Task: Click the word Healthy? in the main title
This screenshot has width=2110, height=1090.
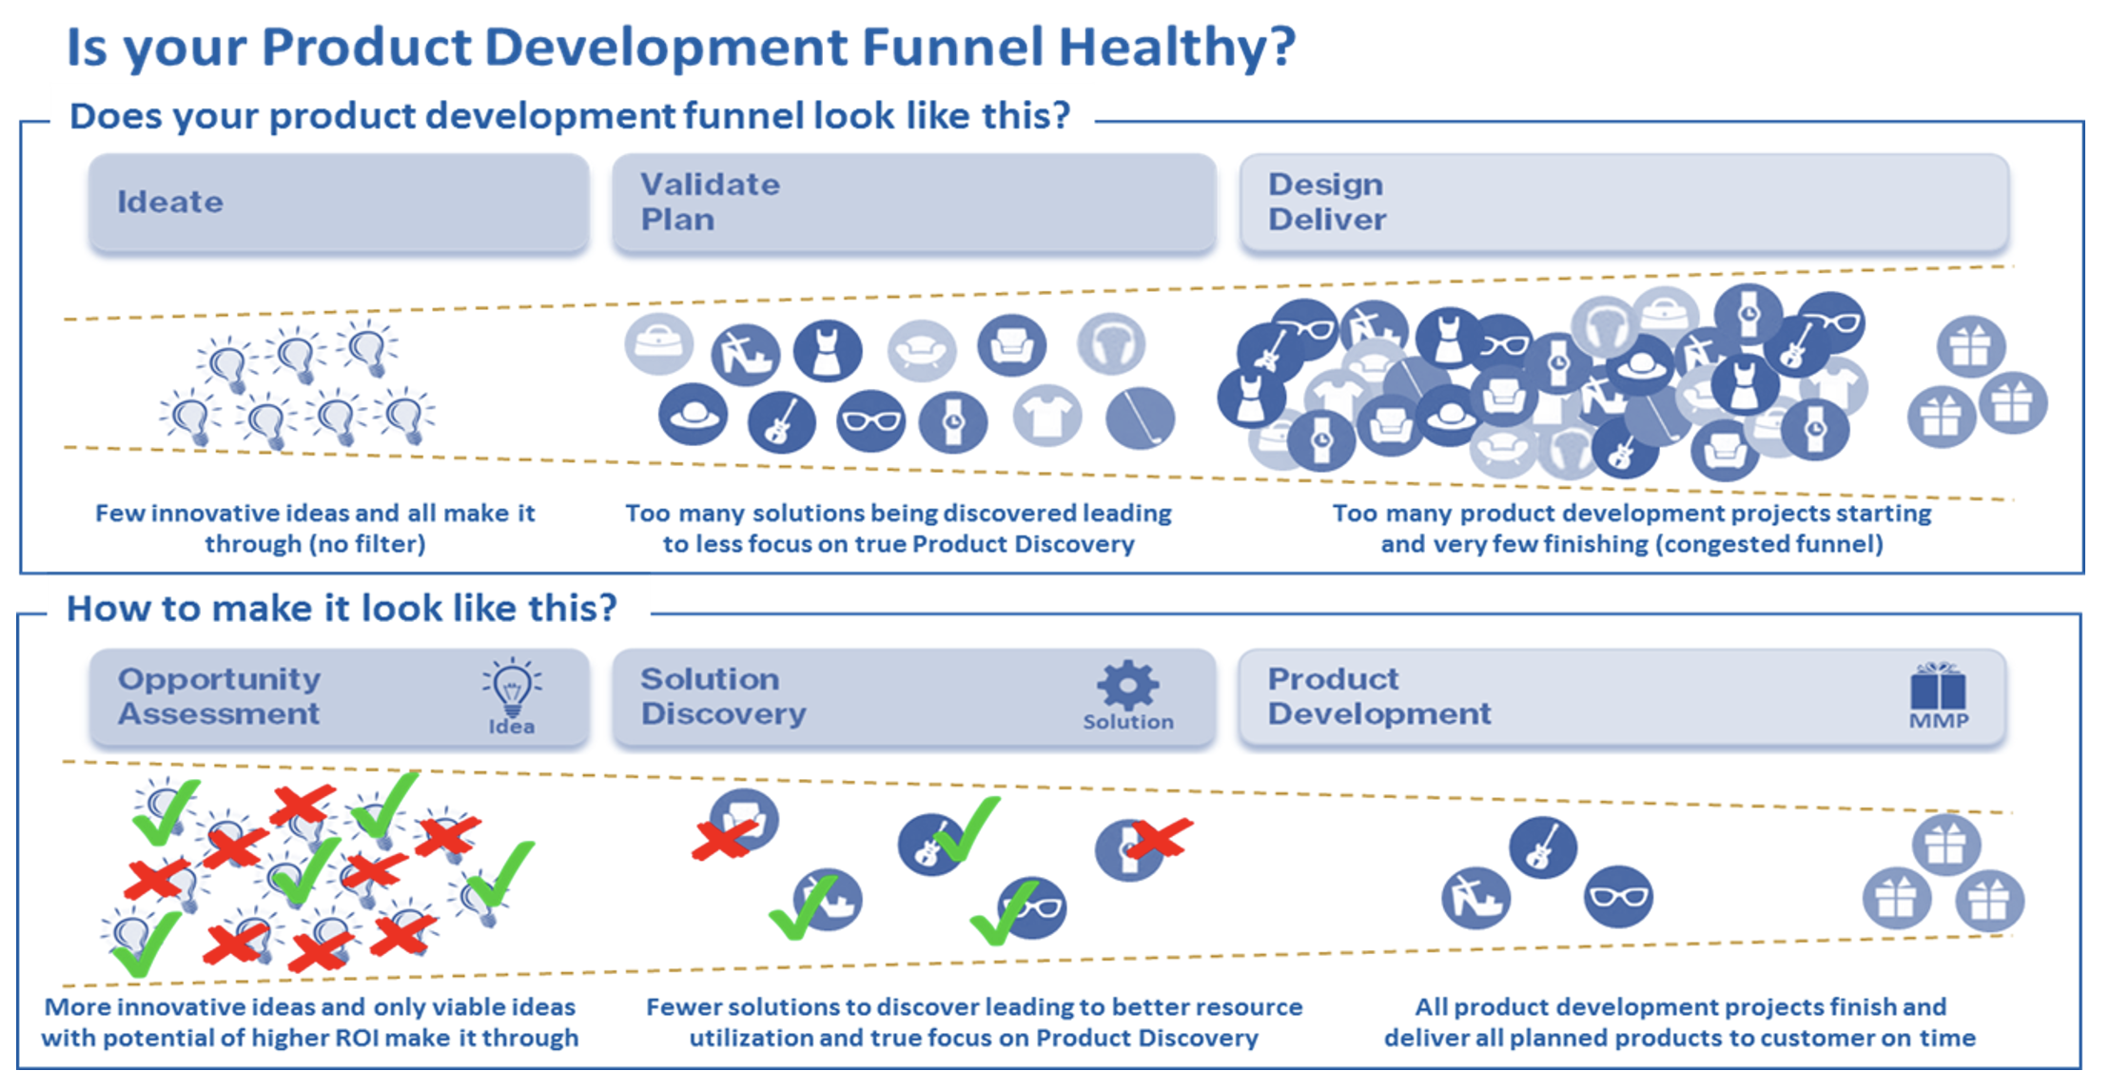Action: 1177,48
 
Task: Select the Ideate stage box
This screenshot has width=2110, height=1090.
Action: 339,203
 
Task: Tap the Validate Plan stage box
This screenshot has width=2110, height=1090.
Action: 913,203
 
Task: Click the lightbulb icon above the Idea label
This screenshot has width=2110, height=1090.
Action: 512,688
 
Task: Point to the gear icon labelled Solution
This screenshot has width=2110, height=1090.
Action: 1128,684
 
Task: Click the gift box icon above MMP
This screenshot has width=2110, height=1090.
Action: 1938,686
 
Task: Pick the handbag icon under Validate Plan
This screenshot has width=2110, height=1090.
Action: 658,343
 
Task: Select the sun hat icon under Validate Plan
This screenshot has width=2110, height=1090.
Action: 694,415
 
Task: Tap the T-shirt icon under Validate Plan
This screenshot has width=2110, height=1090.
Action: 1046,416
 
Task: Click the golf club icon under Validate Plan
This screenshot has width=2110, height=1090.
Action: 1140,418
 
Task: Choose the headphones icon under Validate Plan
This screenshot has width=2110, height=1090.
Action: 1111,343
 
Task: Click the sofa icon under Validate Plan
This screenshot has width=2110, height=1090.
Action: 922,350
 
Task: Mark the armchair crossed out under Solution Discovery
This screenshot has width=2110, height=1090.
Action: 743,820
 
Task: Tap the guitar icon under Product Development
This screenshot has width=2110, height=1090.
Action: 1542,847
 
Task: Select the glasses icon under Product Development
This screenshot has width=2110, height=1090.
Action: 1618,897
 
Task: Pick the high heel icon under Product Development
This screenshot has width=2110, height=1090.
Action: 1475,898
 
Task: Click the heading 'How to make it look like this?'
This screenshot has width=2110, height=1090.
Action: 342,608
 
